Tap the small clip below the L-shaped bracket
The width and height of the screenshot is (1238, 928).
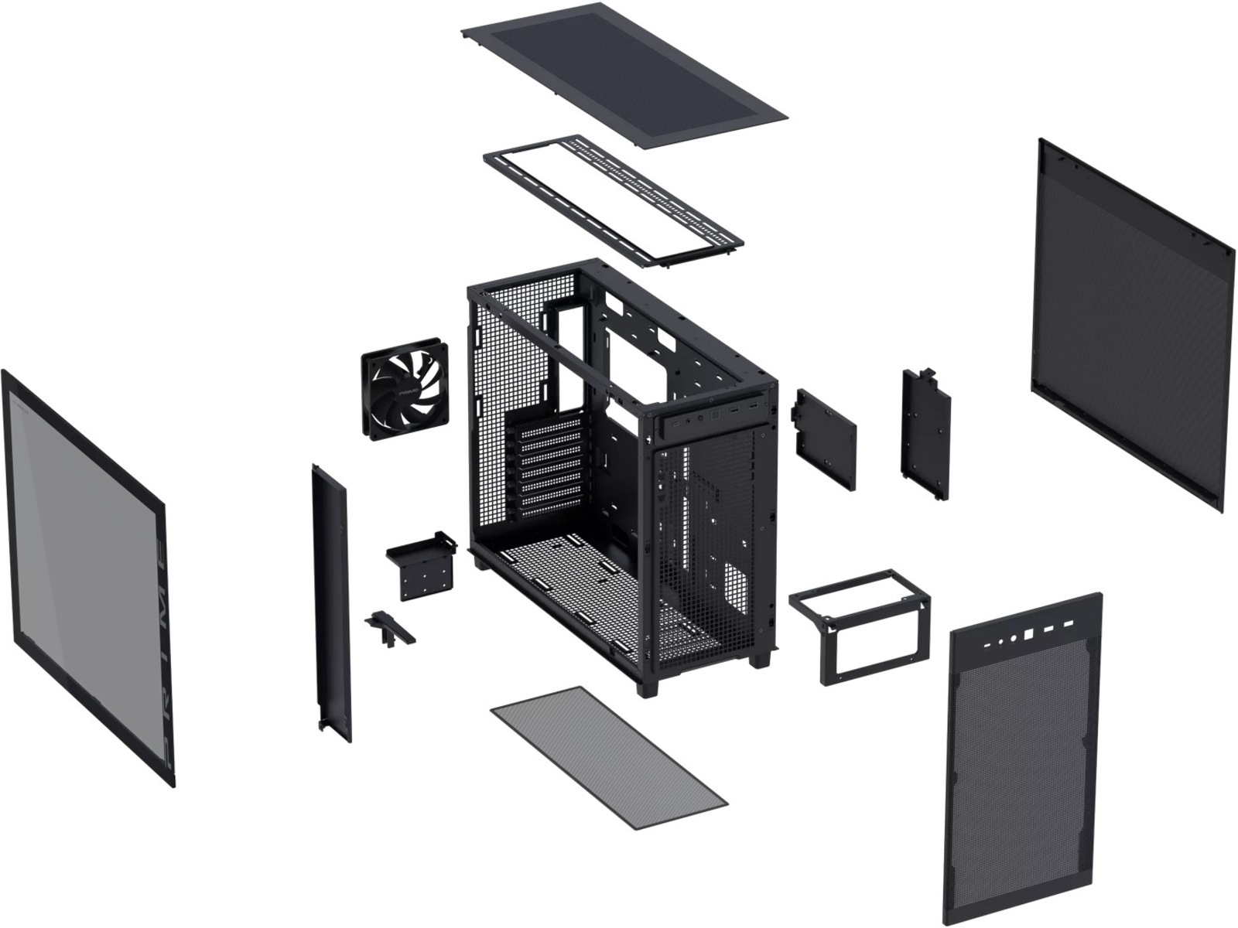[x=391, y=626]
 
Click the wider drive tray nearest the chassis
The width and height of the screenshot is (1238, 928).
[x=824, y=437]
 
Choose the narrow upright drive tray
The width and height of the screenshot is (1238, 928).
[x=925, y=432]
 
